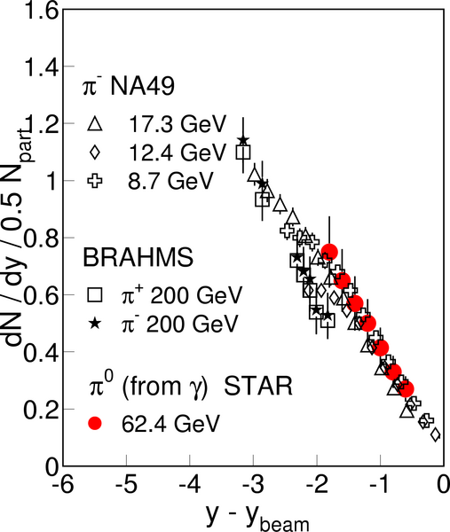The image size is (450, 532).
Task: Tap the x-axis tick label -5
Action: tap(126, 484)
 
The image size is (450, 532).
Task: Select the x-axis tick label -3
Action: tap(253, 484)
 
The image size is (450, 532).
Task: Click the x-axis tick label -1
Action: tap(380, 484)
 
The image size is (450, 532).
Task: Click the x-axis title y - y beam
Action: tap(257, 517)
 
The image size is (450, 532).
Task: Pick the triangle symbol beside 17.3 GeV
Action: tap(95, 123)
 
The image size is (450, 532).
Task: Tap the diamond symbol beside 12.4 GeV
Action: tap(95, 152)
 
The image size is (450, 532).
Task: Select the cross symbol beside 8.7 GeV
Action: tap(95, 180)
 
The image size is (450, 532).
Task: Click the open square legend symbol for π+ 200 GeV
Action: tap(95, 295)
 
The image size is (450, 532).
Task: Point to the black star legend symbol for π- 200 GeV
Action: tap(95, 324)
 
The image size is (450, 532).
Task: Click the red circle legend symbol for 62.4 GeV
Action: tap(95, 423)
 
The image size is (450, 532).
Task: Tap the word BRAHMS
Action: tap(138, 257)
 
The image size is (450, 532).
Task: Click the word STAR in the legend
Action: tap(258, 386)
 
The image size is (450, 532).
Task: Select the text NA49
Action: tap(142, 86)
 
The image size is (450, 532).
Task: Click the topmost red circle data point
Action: tap(328, 252)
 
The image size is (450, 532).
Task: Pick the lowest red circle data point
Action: tap(406, 389)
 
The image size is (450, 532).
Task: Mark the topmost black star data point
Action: tap(243, 140)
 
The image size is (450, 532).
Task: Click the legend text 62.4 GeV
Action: tap(170, 424)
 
